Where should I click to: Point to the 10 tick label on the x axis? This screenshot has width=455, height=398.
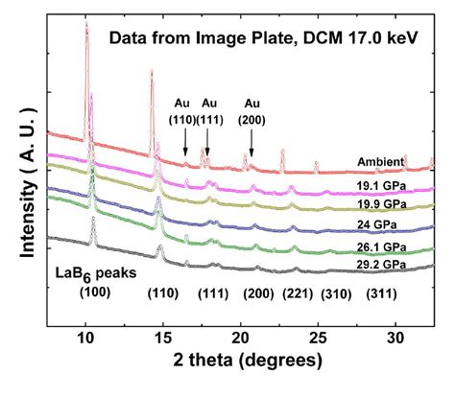[85, 339]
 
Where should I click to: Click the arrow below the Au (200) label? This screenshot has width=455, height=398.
[251, 143]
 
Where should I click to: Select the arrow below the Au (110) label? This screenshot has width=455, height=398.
[185, 143]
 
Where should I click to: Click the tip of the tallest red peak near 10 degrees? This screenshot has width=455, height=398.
[86, 26]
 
